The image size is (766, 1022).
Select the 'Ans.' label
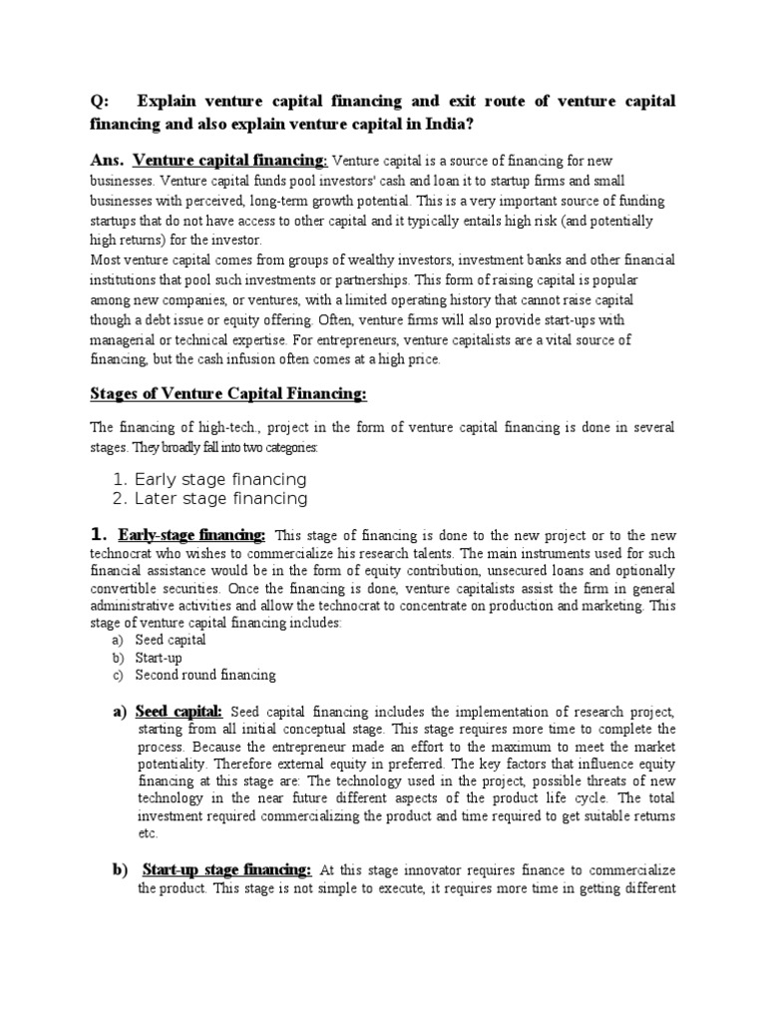(107, 160)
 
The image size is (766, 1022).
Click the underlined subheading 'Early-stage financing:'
(191, 536)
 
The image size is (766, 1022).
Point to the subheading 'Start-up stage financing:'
(227, 870)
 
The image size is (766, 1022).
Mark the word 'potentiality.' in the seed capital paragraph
(172, 763)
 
